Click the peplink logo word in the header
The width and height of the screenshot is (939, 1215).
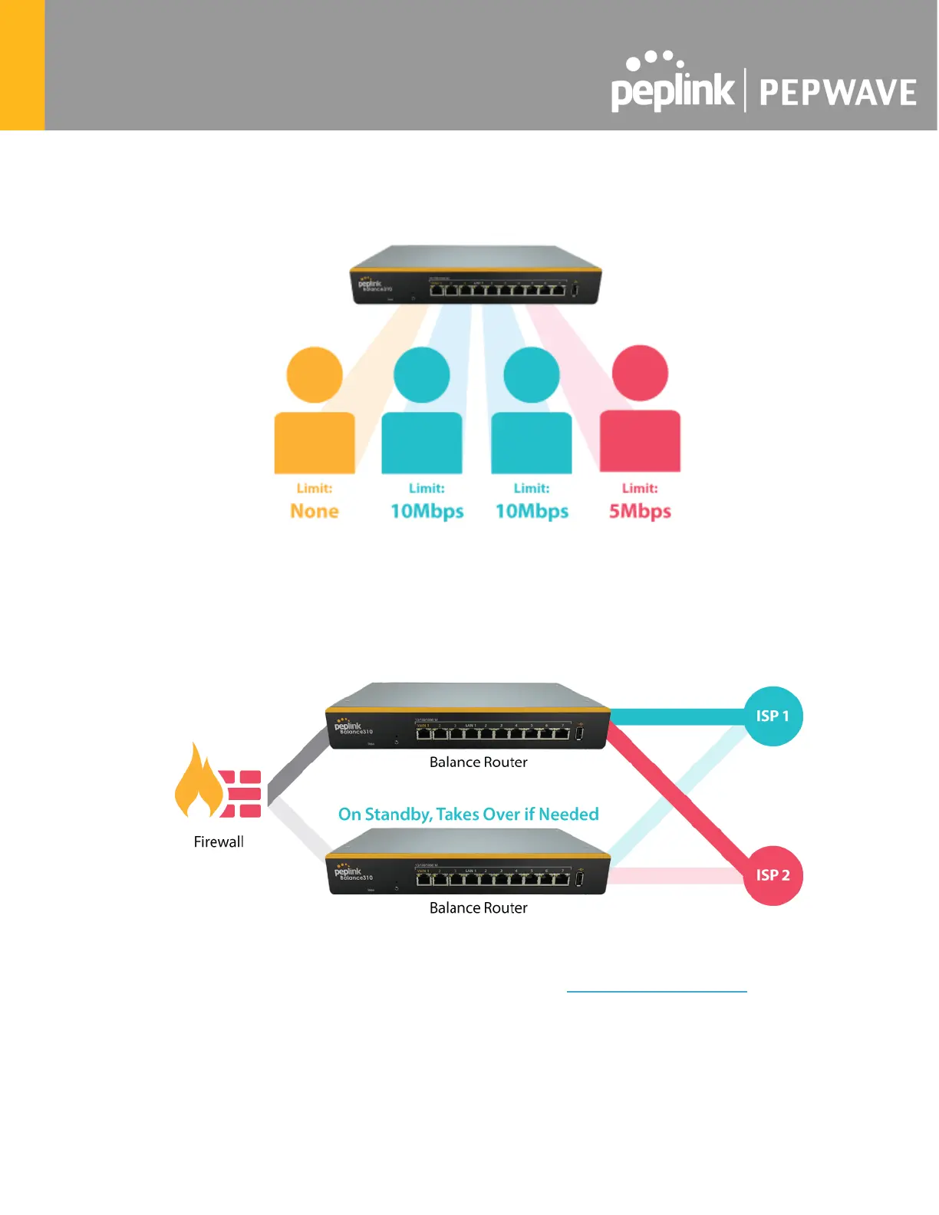click(672, 91)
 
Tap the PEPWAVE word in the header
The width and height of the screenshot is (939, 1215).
click(838, 93)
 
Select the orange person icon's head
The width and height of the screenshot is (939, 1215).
click(315, 374)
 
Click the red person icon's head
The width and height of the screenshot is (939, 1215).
click(640, 373)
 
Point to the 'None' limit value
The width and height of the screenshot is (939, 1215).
click(315, 511)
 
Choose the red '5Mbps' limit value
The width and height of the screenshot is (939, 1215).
click(640, 511)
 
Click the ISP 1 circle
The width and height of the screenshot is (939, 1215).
click(773, 716)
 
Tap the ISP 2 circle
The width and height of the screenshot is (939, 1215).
click(773, 875)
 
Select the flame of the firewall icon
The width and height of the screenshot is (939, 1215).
click(198, 782)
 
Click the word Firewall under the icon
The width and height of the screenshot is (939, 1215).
click(219, 841)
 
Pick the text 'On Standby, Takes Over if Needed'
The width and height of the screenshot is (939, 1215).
click(468, 814)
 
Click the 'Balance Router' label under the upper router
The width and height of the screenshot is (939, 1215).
click(478, 762)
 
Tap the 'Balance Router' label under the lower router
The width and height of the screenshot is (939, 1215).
click(478, 907)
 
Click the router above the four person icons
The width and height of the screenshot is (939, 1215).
click(476, 276)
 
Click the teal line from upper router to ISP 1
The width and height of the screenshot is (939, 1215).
click(675, 716)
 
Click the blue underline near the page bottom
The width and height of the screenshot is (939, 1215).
click(657, 992)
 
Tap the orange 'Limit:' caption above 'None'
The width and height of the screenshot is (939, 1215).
click(315, 488)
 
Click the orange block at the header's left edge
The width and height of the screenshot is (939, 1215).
click(22, 65)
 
